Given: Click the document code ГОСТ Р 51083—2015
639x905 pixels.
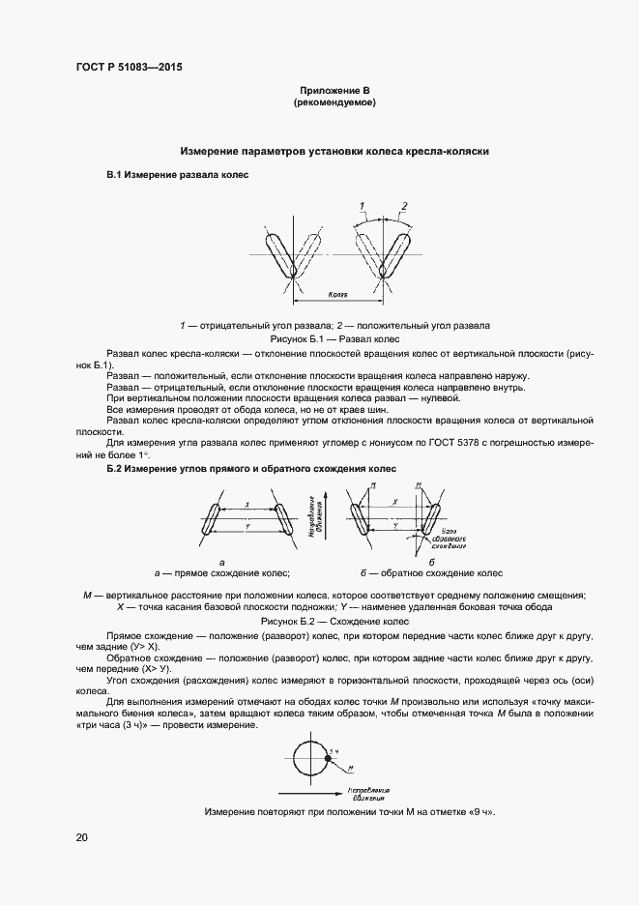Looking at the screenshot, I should pos(128,68).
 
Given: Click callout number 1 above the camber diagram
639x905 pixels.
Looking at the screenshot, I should pos(361,207).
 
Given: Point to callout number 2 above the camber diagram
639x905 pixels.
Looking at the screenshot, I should pos(404,206).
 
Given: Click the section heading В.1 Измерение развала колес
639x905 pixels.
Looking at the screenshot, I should pos(177,176).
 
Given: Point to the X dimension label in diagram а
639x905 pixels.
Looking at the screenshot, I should pos(248,504).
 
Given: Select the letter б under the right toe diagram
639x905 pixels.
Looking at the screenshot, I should pos(431,562).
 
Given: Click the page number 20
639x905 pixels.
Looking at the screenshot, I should pos(81,837).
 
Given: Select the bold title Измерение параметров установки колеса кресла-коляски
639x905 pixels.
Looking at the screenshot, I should pos(334,152).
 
